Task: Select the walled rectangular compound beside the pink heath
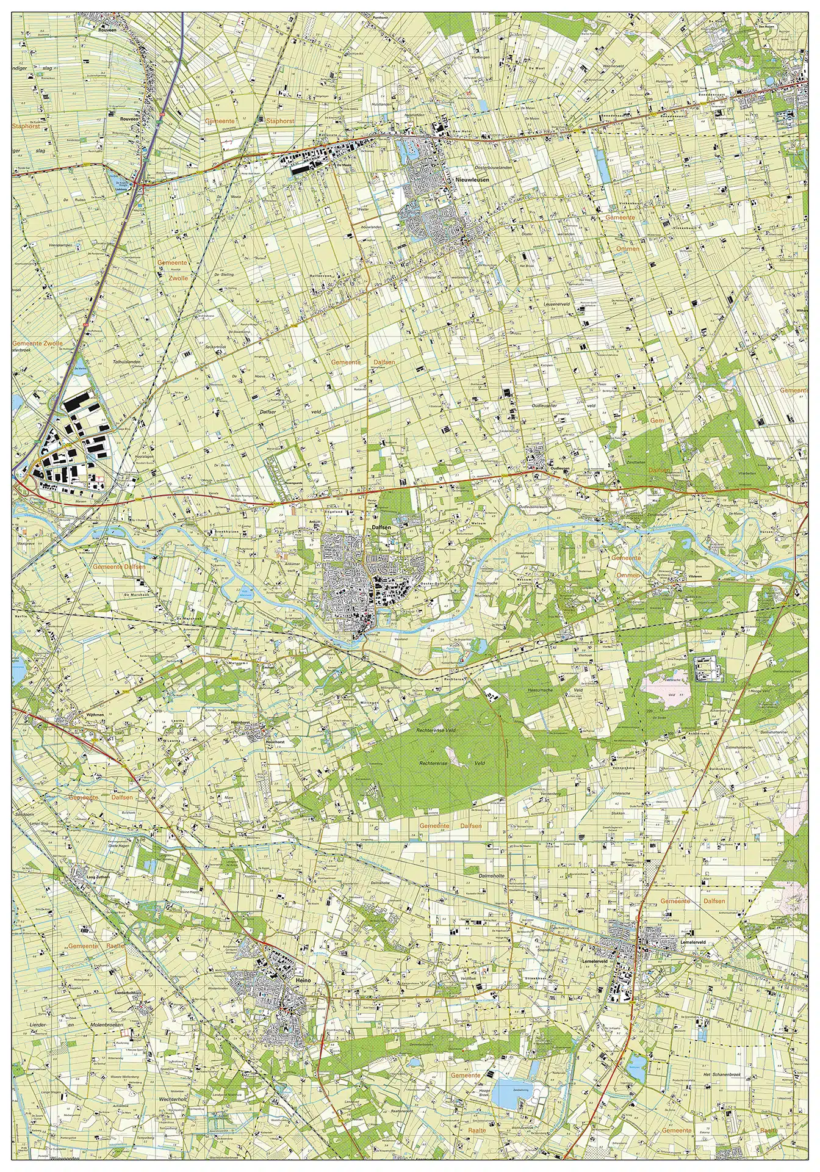(x=708, y=668)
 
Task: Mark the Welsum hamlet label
(x=478, y=523)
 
